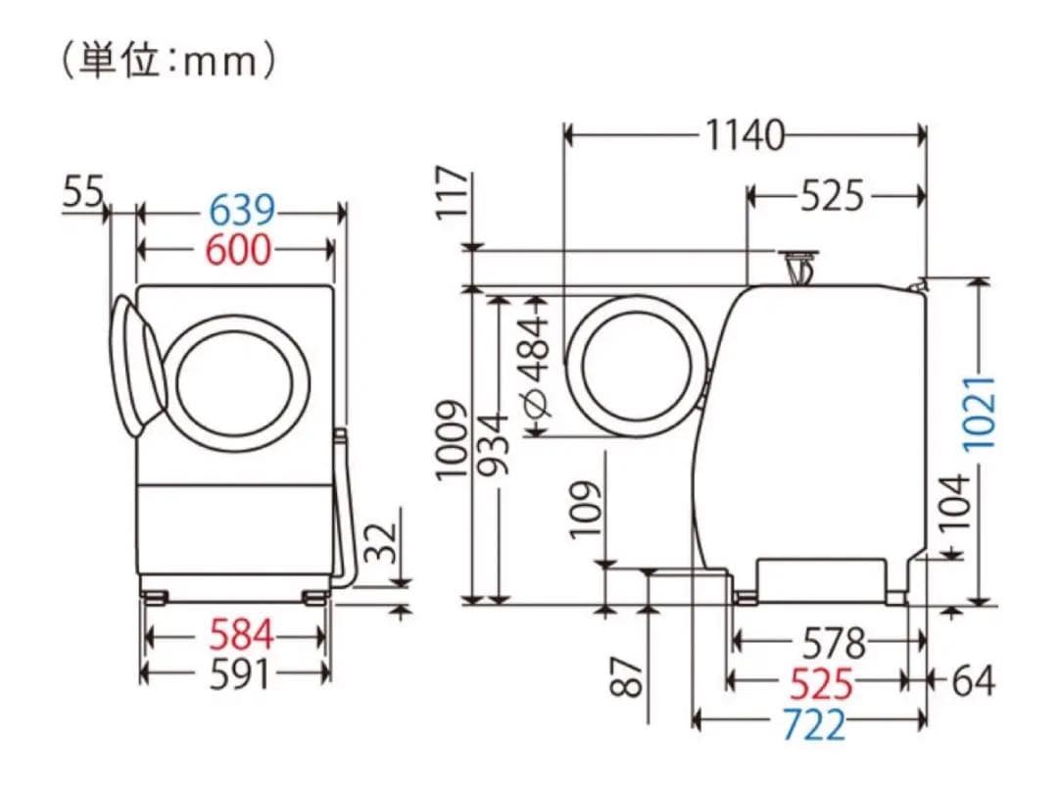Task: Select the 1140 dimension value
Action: tap(745, 136)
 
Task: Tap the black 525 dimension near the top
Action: tap(833, 197)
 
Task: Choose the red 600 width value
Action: tap(238, 250)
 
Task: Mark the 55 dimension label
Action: tap(83, 192)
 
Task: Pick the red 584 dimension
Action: tap(240, 636)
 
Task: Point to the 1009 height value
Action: tap(451, 440)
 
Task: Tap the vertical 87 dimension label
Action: tap(630, 673)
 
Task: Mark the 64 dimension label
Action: tap(973, 680)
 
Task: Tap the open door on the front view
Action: tap(138, 365)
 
